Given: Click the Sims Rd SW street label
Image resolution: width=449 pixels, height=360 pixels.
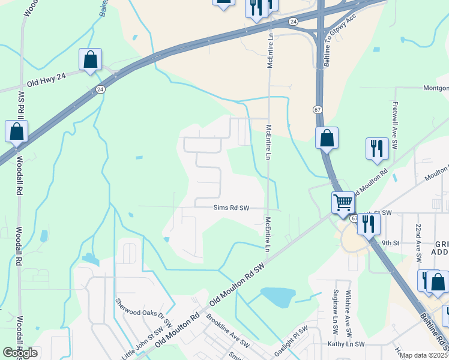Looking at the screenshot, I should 231,208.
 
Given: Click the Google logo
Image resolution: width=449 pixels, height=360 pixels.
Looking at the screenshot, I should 20,353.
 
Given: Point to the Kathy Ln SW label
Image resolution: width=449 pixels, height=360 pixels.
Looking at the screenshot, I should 346,344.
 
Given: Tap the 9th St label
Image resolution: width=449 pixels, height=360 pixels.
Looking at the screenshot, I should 390,243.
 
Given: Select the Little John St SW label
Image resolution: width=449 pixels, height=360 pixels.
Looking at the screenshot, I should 142,343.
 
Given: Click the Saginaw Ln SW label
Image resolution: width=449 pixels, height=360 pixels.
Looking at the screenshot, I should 336,310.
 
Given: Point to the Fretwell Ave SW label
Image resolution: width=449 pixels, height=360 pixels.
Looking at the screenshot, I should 395,118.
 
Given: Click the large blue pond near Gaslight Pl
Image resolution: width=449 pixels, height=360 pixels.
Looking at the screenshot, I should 278,296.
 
